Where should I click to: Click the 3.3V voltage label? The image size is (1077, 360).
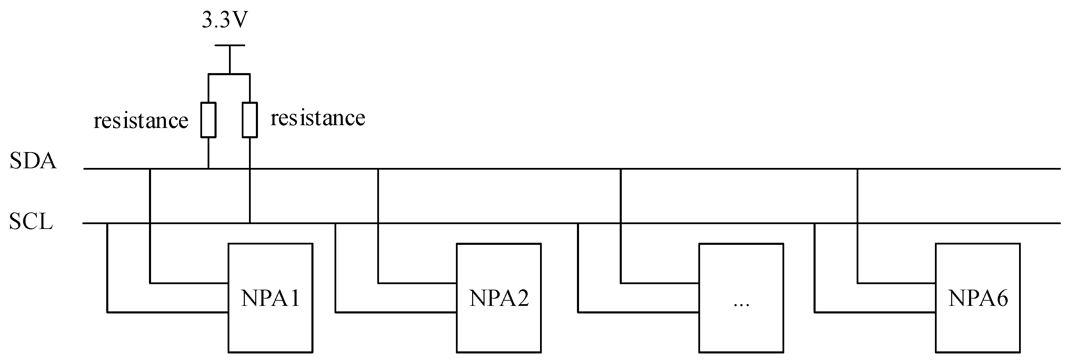(x=225, y=20)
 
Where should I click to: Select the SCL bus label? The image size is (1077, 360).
(x=31, y=222)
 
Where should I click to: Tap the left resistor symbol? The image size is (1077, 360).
(x=208, y=120)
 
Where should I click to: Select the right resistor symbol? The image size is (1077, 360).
(x=250, y=120)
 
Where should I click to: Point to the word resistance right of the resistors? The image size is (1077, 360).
(x=318, y=118)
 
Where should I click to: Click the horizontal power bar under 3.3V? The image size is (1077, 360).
(x=230, y=45)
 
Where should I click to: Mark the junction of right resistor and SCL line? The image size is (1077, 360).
(x=250, y=223)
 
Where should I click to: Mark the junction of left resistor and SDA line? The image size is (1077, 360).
(x=208, y=169)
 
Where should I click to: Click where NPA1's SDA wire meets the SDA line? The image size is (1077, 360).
(x=150, y=169)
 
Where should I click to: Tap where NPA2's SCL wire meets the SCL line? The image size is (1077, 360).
(x=336, y=223)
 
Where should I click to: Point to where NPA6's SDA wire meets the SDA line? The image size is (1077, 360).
(x=858, y=169)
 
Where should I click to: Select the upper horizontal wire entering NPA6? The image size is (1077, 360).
(x=896, y=283)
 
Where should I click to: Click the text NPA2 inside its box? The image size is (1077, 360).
(x=498, y=298)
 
